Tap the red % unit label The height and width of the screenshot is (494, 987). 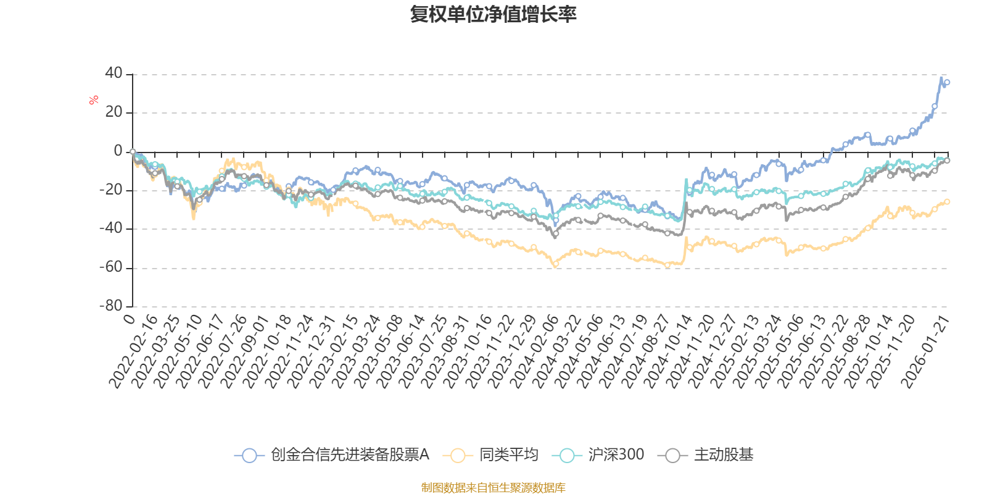pyautogui.click(x=94, y=99)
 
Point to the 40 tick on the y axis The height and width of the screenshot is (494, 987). pyautogui.click(x=114, y=73)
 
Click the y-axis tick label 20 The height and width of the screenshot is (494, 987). pyautogui.click(x=114, y=112)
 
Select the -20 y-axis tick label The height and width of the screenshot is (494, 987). pyautogui.click(x=111, y=190)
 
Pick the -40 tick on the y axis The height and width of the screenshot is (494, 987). pyautogui.click(x=111, y=228)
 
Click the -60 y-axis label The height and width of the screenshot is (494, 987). pyautogui.click(x=111, y=267)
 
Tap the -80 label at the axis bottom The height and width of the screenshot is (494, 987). pyautogui.click(x=111, y=306)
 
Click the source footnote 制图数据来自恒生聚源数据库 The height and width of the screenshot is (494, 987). pyautogui.click(x=493, y=488)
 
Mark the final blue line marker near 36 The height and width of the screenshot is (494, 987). pyautogui.click(x=948, y=82)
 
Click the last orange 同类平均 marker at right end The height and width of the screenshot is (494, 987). pyautogui.click(x=948, y=201)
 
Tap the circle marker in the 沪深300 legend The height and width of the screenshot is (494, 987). pyautogui.click(x=567, y=456)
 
